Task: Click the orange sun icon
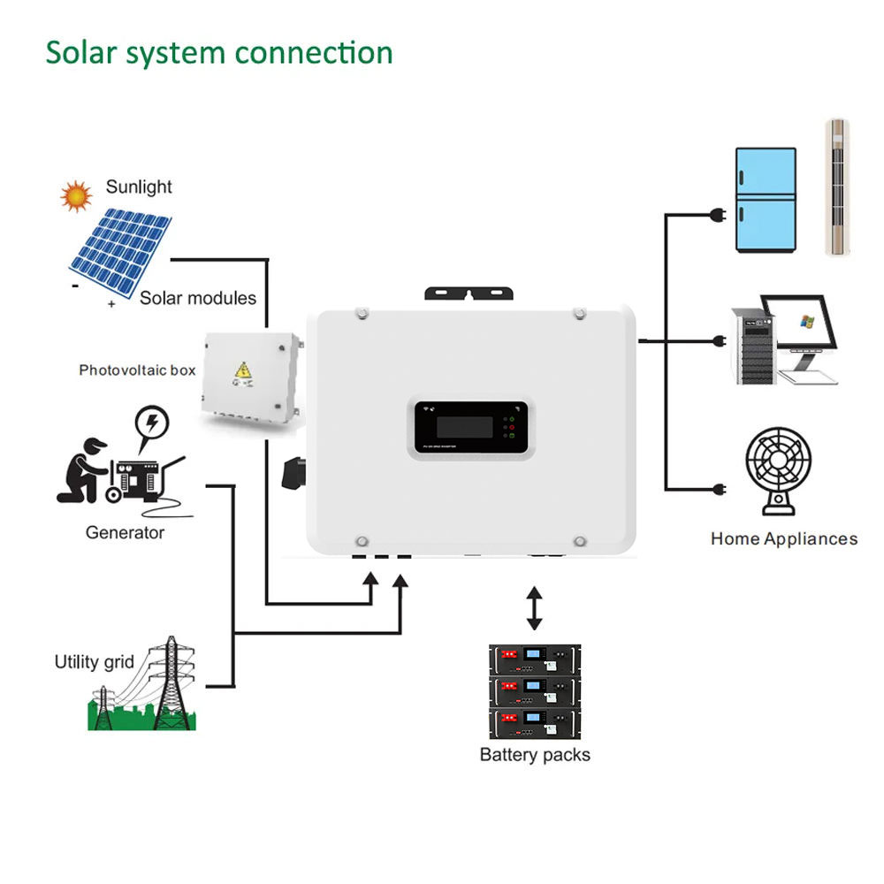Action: tap(76, 195)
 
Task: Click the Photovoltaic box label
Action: tap(137, 370)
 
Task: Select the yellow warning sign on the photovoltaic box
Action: tap(241, 372)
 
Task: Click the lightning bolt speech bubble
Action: tap(152, 423)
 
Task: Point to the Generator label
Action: tap(125, 532)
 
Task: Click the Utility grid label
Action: tap(94, 661)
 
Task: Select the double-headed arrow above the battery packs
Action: tap(534, 607)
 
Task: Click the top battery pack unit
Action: tap(535, 659)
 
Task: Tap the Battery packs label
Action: tap(535, 755)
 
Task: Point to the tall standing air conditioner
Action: tap(836, 187)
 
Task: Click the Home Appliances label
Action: tap(783, 538)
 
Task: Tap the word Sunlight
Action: tap(139, 187)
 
